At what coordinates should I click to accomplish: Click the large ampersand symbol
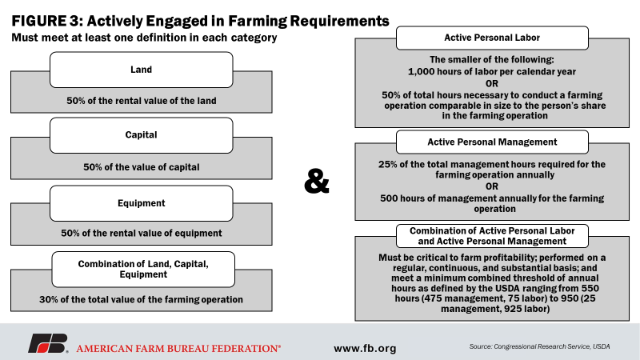tap(316, 182)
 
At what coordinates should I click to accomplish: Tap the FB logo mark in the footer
tap(48, 343)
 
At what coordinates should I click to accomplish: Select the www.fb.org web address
tap(365, 348)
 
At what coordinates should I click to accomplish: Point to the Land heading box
tap(142, 70)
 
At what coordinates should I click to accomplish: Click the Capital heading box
tap(142, 135)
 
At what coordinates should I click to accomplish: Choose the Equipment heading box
tap(142, 203)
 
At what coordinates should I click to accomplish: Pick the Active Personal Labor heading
tap(492, 38)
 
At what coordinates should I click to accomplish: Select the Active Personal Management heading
tap(492, 142)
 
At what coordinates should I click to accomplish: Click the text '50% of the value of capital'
tap(142, 167)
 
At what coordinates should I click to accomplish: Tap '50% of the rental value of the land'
tap(142, 101)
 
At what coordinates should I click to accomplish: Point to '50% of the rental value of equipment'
tap(142, 233)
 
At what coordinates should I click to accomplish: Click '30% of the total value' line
tap(142, 299)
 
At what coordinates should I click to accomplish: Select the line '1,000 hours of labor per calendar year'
tap(492, 72)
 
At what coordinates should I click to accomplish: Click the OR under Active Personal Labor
tap(492, 84)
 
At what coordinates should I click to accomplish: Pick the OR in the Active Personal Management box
tap(492, 186)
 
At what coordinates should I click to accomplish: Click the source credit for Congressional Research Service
tap(539, 346)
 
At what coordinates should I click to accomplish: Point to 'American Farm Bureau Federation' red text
tap(178, 349)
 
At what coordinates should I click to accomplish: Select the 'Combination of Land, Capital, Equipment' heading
tap(143, 270)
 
